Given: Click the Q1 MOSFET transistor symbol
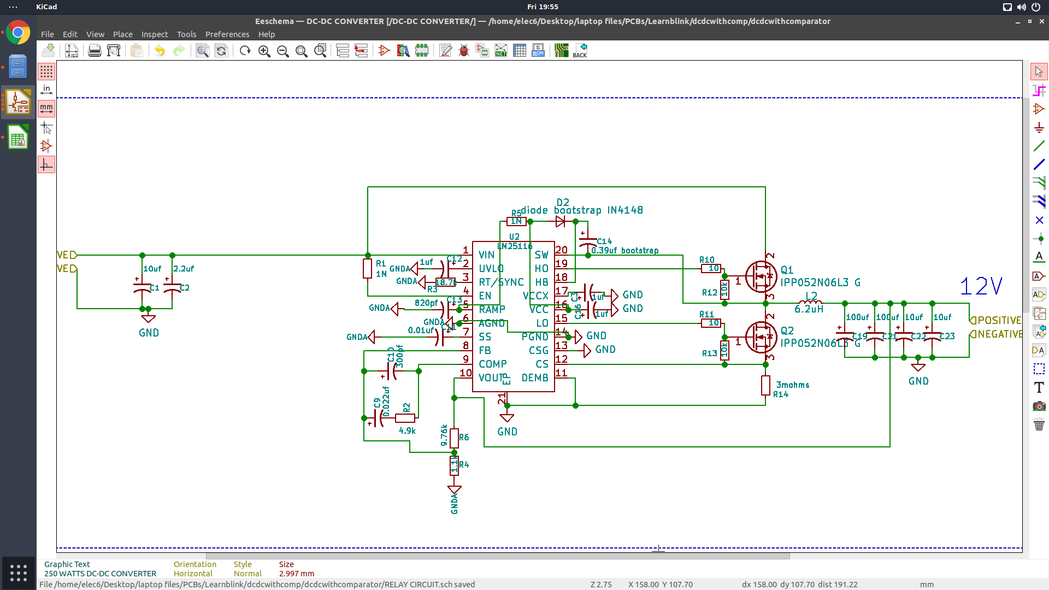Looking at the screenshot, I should point(761,277).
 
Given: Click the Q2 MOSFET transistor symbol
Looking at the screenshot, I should point(761,338).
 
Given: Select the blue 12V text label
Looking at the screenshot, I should point(981,286).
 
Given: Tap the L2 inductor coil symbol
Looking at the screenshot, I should point(811,302).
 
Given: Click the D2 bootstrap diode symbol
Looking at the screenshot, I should point(560,221).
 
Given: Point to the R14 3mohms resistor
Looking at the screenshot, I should point(765,385).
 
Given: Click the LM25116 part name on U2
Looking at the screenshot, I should point(515,246).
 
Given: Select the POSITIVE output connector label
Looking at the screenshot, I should point(996,320).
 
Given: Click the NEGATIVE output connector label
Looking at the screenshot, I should point(996,334).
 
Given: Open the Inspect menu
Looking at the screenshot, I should point(155,34).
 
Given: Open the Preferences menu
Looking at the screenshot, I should point(227,34).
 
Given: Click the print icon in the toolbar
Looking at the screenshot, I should point(95,51).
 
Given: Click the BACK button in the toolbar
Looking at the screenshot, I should point(580,51).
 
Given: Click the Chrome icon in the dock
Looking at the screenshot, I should point(18,33).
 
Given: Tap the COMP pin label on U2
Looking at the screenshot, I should point(492,364).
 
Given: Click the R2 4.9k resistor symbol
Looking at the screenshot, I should point(405,418).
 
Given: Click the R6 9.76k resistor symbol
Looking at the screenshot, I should point(454,437).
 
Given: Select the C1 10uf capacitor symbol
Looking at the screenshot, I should point(142,287).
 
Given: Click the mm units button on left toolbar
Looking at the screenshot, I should point(46,108).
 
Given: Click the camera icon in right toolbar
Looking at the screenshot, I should point(1039,406).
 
